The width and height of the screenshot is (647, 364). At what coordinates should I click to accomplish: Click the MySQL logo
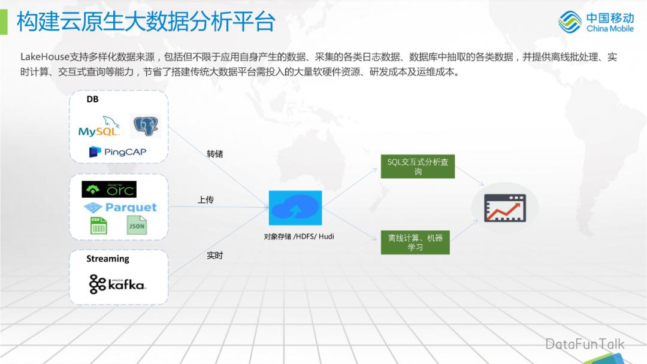coord(99,127)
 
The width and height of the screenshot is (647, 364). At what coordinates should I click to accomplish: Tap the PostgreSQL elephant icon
coord(147,126)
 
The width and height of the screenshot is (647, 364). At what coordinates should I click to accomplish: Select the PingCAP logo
coord(118,152)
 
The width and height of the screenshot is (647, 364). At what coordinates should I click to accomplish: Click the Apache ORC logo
coord(109,190)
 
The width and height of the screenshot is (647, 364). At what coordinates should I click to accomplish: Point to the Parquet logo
coord(120,208)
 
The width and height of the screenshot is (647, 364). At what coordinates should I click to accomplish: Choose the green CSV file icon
coord(99,226)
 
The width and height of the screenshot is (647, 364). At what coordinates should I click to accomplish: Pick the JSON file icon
coord(137,226)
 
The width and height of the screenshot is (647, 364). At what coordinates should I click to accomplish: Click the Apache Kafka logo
coord(117,284)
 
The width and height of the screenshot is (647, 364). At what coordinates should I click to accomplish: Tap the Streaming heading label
coord(108,259)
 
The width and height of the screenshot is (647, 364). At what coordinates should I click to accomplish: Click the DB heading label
coord(92,99)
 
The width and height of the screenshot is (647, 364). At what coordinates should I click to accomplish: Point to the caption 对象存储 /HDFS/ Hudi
coord(299,236)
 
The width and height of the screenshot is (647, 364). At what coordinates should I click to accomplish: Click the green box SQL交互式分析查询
coord(418,166)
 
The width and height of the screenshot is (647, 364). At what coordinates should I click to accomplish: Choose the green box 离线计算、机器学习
coord(415,242)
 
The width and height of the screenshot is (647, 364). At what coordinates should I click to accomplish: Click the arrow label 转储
coord(214,154)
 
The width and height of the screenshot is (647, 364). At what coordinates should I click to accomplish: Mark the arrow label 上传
coord(205,200)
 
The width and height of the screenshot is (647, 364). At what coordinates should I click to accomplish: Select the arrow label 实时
coord(214,256)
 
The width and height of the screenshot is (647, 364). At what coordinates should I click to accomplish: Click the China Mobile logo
coord(595,22)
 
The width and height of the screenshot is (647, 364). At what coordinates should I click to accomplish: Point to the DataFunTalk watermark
coord(584,344)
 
